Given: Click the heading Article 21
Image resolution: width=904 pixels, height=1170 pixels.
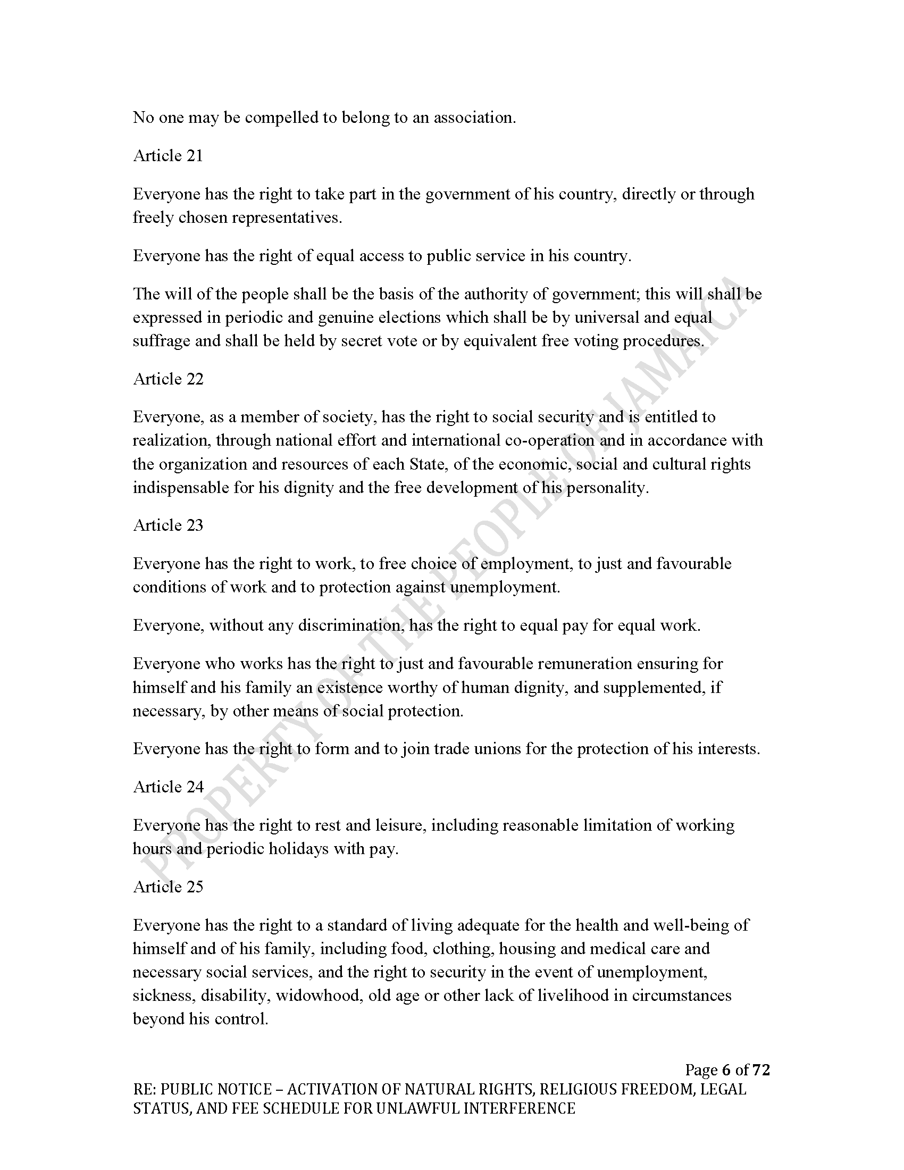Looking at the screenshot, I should click(x=168, y=156).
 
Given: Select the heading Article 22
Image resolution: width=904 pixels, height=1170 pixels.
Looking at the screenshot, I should click(x=168, y=379).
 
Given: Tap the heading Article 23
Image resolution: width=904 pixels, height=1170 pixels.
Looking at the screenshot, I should click(x=168, y=525).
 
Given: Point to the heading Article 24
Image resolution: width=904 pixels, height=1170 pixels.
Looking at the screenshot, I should click(x=168, y=787).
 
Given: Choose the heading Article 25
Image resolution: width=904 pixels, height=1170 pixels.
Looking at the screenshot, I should click(x=168, y=887).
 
